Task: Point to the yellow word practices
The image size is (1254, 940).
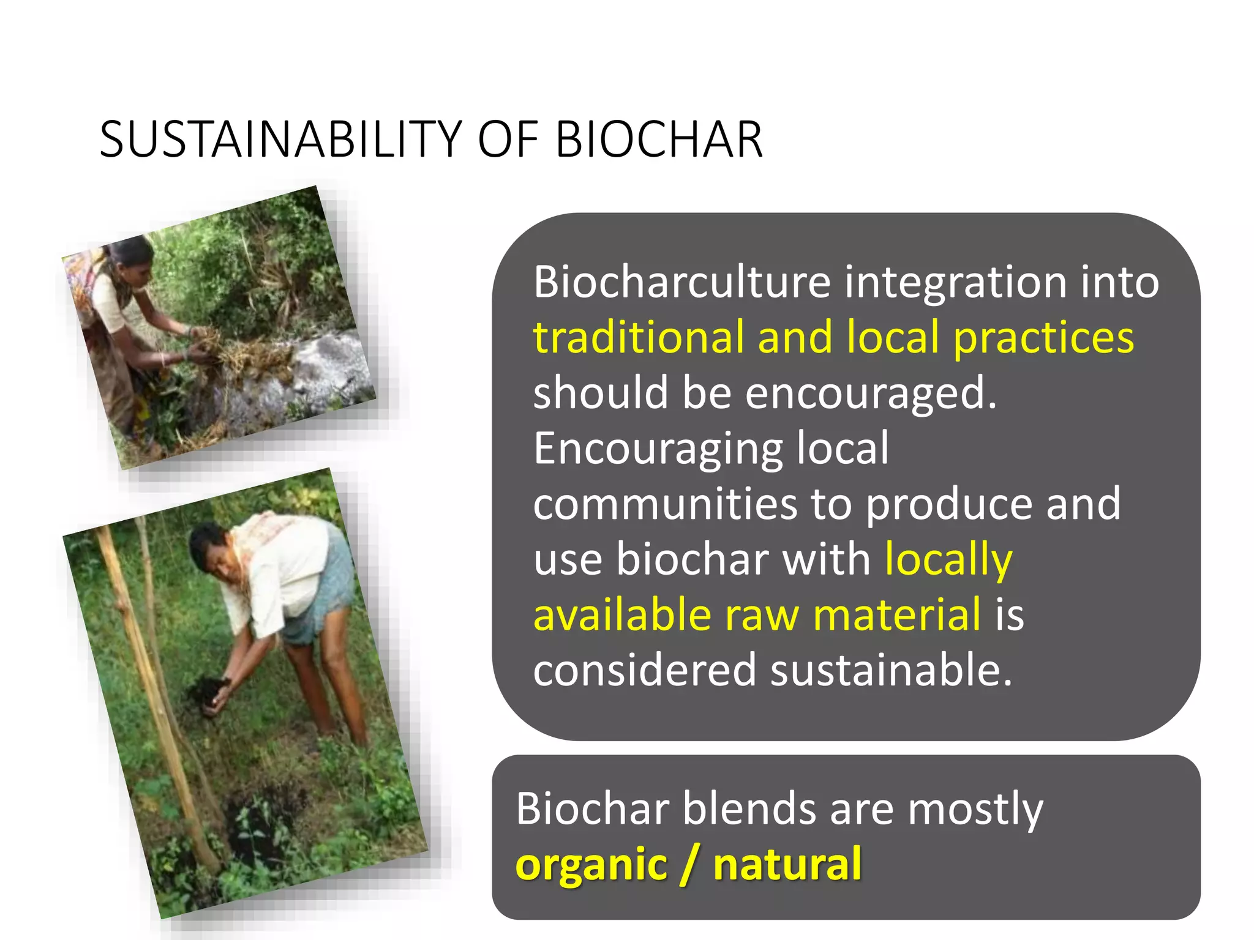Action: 1043,338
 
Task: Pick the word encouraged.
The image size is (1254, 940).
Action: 871,394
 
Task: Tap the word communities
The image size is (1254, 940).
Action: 665,504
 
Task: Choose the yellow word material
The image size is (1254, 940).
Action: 897,615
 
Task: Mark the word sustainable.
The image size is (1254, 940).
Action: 891,670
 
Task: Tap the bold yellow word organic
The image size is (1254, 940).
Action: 591,865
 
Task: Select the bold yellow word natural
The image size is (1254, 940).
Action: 787,864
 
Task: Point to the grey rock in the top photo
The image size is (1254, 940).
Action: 334,367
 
